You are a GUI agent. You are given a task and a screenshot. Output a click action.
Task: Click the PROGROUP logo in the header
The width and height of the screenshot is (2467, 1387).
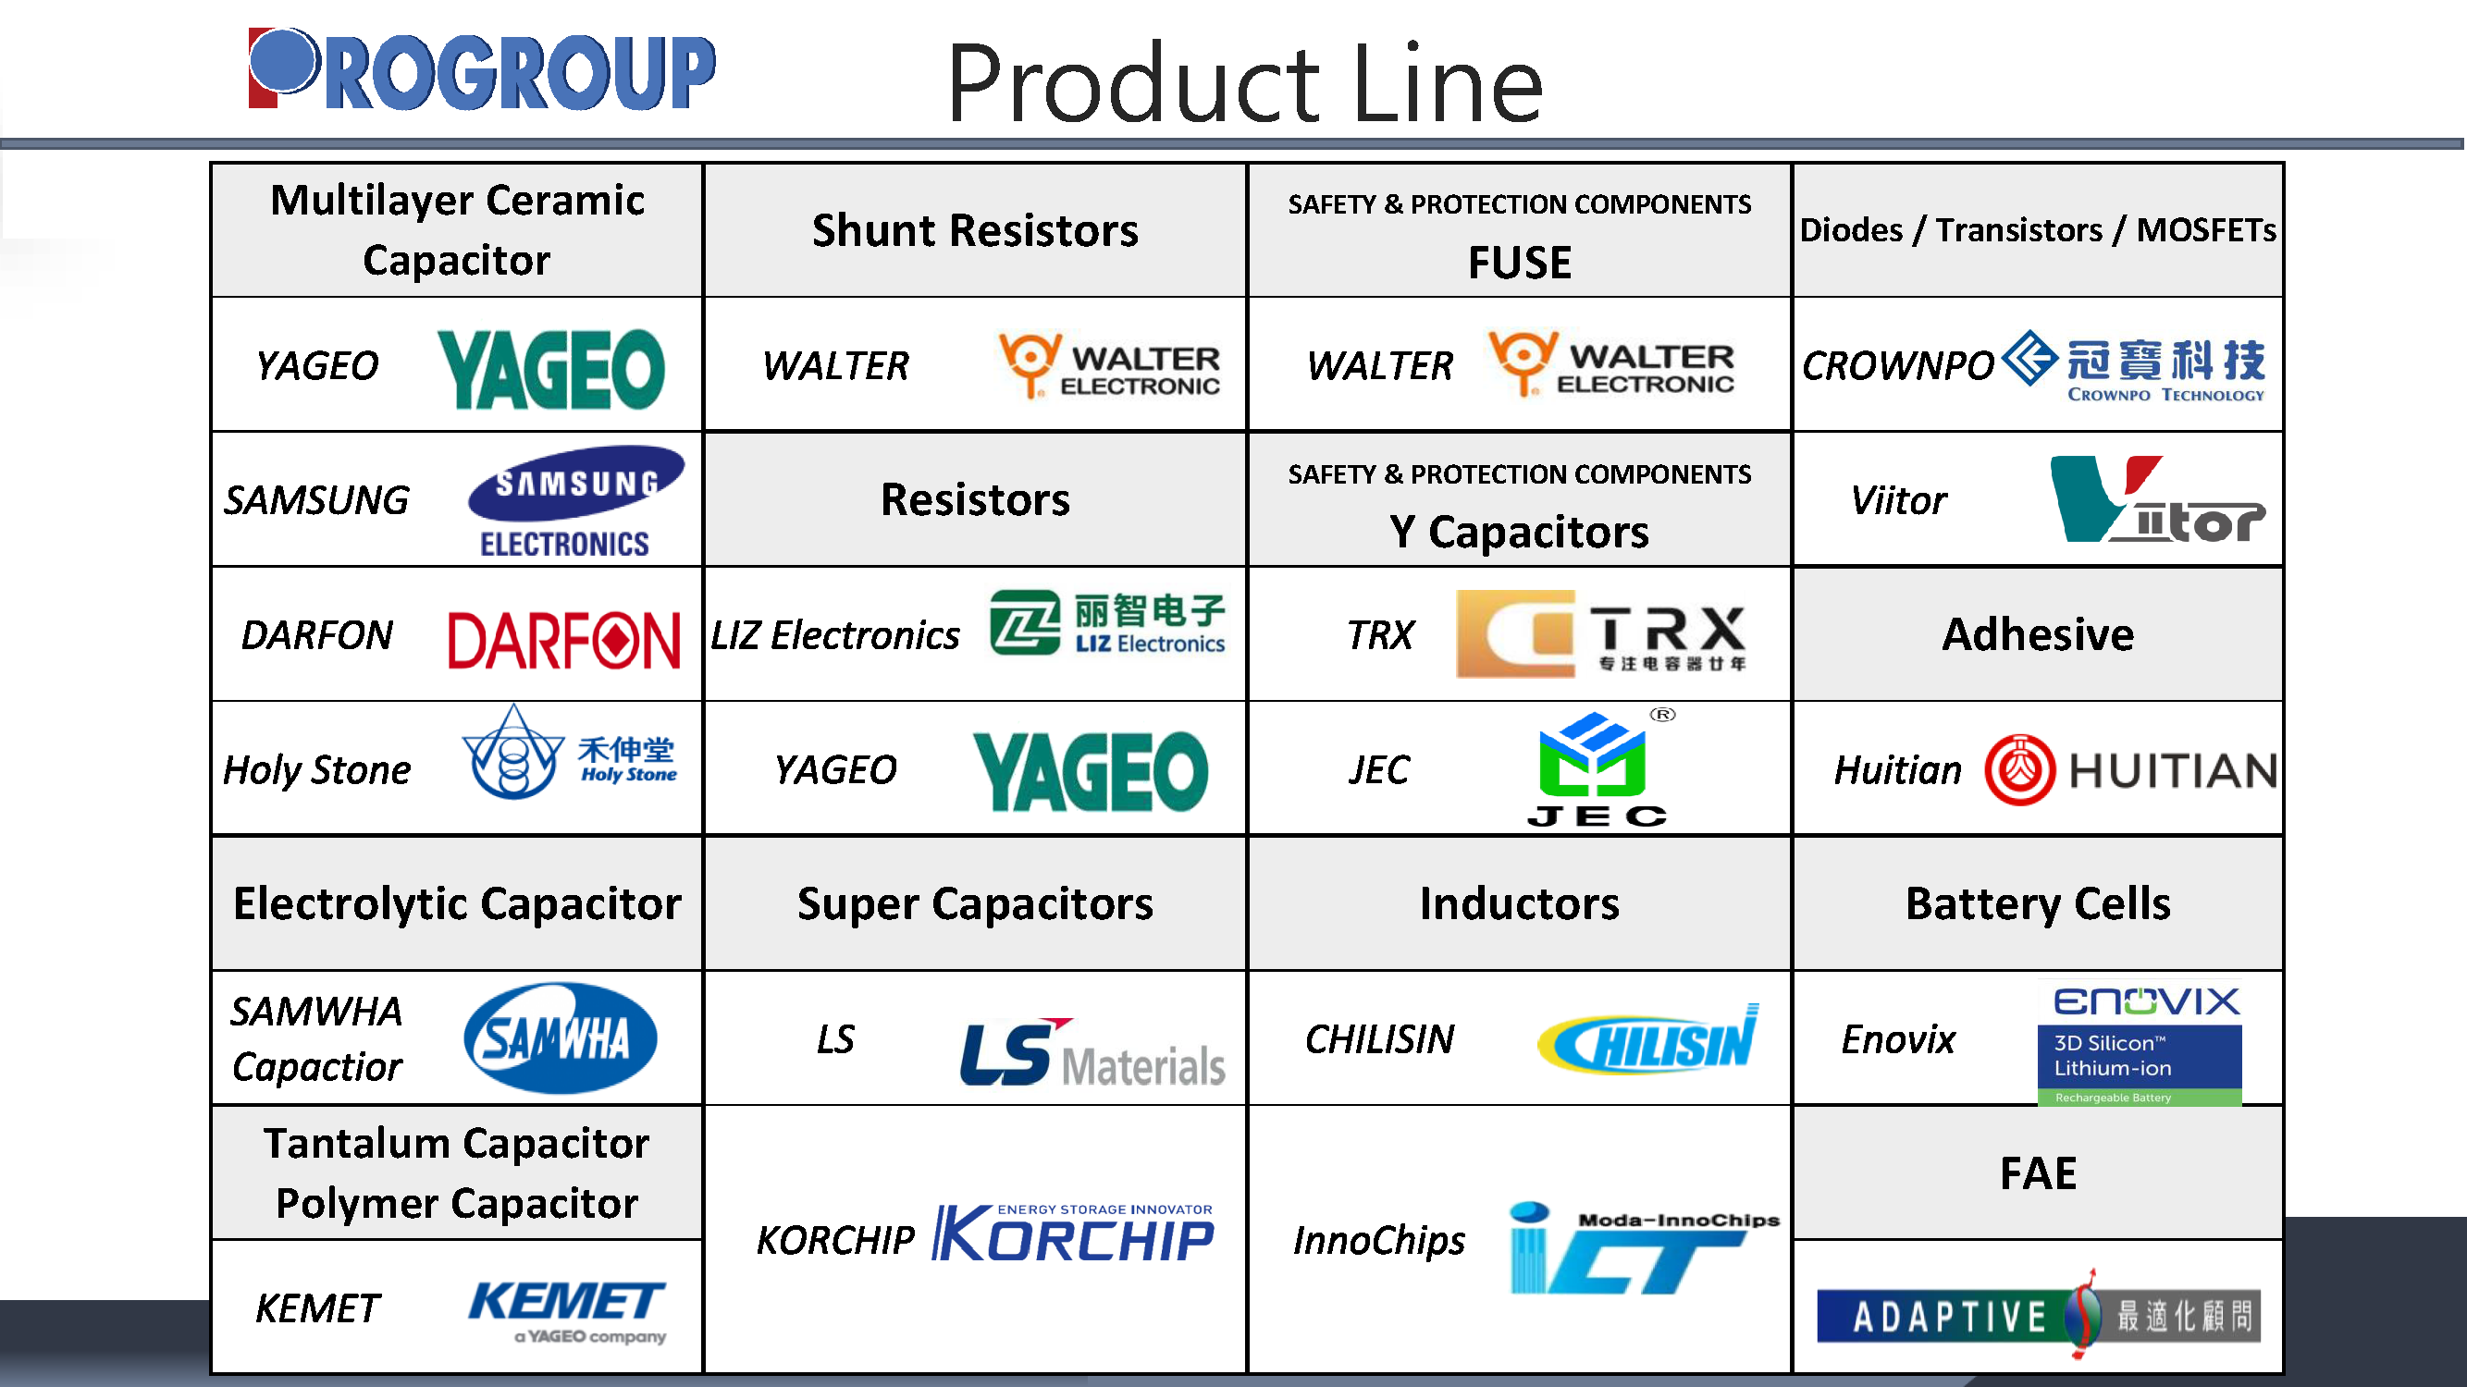coord(482,69)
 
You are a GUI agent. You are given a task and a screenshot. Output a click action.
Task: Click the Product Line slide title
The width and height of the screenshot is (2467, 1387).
coord(1245,84)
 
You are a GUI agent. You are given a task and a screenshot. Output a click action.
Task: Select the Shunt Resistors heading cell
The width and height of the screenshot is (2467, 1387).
coord(975,229)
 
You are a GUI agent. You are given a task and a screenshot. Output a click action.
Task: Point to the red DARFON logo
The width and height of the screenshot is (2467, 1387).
coord(563,640)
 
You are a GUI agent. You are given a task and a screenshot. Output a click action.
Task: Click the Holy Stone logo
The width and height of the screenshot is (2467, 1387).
coord(569,754)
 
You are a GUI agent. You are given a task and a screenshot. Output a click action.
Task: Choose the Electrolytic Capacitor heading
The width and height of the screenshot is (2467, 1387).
coord(457,903)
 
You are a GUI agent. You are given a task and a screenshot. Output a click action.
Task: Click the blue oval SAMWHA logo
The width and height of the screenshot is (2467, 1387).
coord(561,1038)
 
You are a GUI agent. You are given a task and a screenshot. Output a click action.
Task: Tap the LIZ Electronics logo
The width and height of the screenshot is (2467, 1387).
coord(1107,623)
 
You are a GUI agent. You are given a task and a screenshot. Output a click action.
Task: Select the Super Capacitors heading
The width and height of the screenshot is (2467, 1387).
coord(975,903)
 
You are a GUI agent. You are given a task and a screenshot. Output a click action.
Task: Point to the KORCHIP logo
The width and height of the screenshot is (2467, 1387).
coord(1074,1233)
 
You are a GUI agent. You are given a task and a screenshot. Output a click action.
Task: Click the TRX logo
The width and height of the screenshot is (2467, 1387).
coord(1600,633)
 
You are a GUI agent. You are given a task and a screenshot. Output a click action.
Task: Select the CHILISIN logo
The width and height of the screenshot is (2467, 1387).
coord(1648,1039)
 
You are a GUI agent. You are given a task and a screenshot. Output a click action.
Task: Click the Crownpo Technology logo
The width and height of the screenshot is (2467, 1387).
coord(2134,366)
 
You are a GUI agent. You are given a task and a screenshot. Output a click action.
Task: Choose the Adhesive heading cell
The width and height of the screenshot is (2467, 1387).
coord(2038,633)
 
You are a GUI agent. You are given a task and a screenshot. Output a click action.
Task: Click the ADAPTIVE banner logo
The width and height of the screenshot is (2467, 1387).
coord(2039,1314)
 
